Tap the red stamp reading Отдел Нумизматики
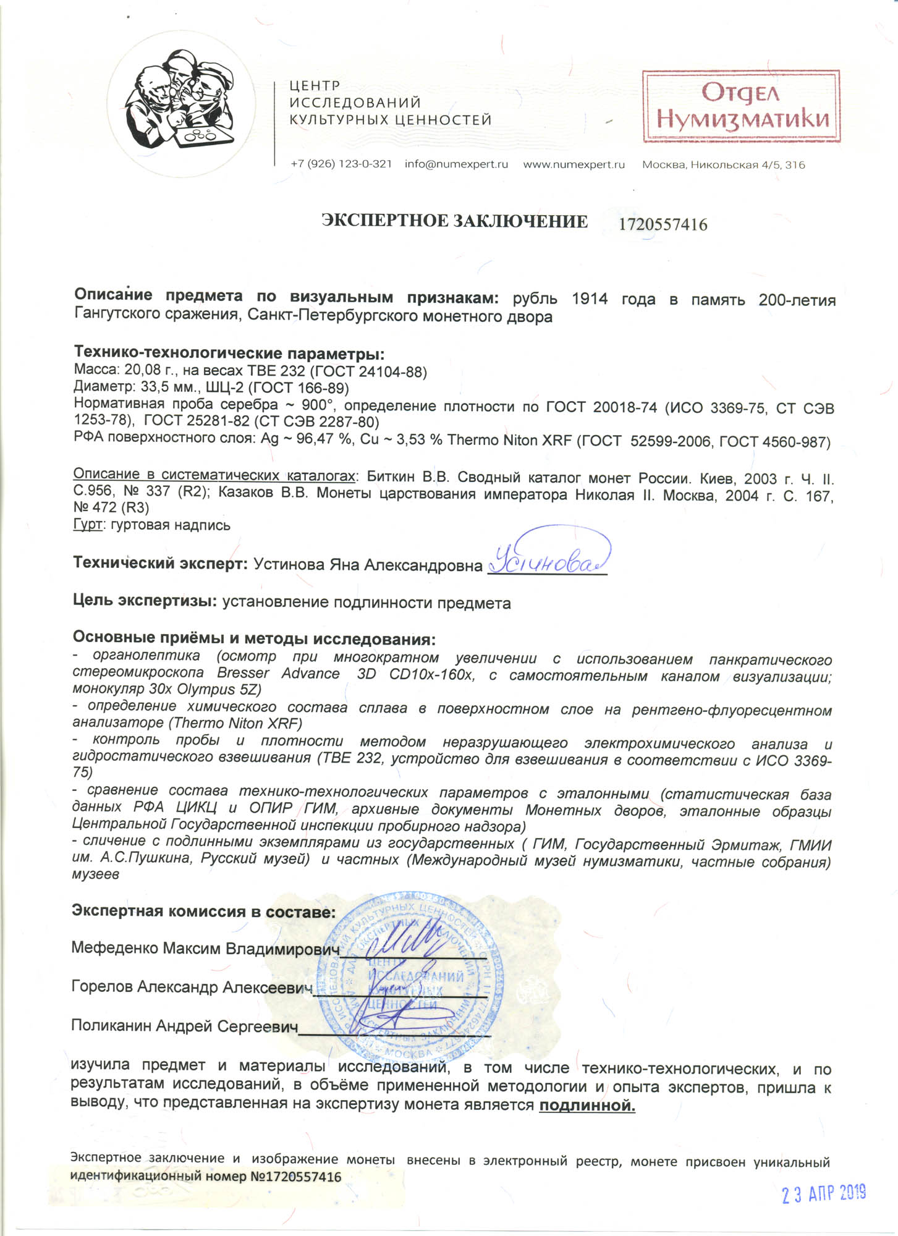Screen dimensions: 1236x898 [x=740, y=106]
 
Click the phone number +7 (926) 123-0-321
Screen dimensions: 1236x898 [x=341, y=164]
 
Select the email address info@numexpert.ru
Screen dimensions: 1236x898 [x=456, y=164]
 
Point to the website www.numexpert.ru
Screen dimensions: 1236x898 [x=574, y=164]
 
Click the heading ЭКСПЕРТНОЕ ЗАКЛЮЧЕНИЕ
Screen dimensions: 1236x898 [x=454, y=221]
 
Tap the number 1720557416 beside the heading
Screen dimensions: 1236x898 [x=663, y=224]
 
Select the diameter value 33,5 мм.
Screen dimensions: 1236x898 [x=151, y=388]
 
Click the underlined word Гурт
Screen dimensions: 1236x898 [x=87, y=525]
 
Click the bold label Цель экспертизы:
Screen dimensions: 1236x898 [x=145, y=602]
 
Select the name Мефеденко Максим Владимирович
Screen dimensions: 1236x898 [x=205, y=948]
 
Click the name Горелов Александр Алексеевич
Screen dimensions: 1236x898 [x=191, y=987]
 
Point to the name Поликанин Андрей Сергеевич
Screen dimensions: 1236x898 [x=184, y=1026]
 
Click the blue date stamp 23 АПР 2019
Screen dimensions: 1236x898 [x=823, y=1194]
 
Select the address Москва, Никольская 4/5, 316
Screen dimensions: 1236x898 [x=723, y=165]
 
